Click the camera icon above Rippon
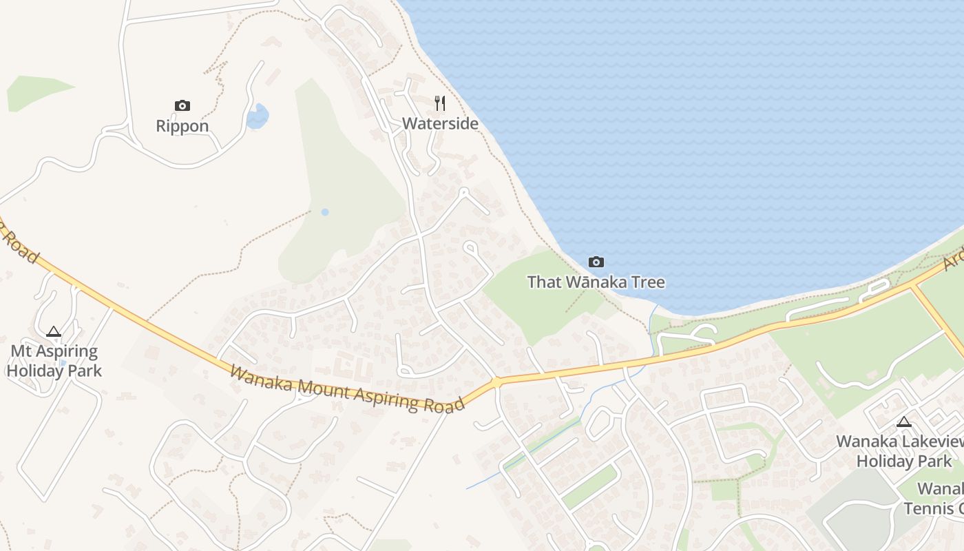pyautogui.click(x=182, y=105)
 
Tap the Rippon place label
pyautogui.click(x=182, y=126)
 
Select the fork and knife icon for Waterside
pyautogui.click(x=440, y=103)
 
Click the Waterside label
pyautogui.click(x=440, y=124)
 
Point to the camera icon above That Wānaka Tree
pyautogui.click(x=596, y=262)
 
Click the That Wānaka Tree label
pyautogui.click(x=596, y=282)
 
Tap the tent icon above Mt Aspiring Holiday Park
pyautogui.click(x=54, y=331)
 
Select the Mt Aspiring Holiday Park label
pyautogui.click(x=54, y=361)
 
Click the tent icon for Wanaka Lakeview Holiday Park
pyautogui.click(x=903, y=422)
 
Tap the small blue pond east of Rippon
pyautogui.click(x=258, y=116)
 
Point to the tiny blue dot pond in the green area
pyautogui.click(x=325, y=212)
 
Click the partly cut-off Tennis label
pyautogui.click(x=933, y=508)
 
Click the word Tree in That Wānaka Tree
pyautogui.click(x=649, y=282)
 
